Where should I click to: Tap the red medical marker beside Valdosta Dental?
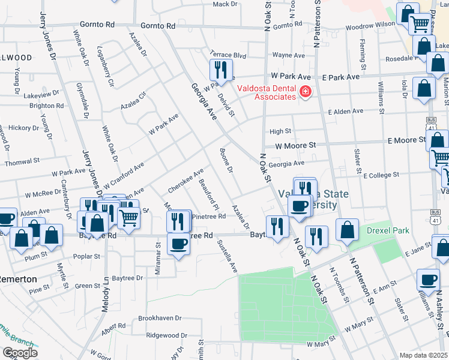pyautogui.click(x=305, y=91)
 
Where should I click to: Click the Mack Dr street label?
pyautogui.click(x=225, y=4)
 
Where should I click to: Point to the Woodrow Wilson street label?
pyautogui.click(x=370, y=26)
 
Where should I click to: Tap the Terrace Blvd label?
pyautogui.click(x=228, y=55)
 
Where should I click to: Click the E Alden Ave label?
pyautogui.click(x=345, y=112)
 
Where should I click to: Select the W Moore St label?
pyautogui.click(x=295, y=145)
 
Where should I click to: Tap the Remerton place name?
pyautogui.click(x=17, y=280)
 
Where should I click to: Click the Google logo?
pyautogui.click(x=20, y=352)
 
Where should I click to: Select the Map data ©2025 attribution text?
pyautogui.click(x=423, y=355)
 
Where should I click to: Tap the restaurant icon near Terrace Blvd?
pyautogui.click(x=221, y=70)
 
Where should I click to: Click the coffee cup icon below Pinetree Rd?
pyautogui.click(x=178, y=245)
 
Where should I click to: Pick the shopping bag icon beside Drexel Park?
pyautogui.click(x=347, y=229)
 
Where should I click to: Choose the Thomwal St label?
pyautogui.click(x=22, y=162)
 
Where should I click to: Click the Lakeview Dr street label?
pyautogui.click(x=38, y=95)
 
